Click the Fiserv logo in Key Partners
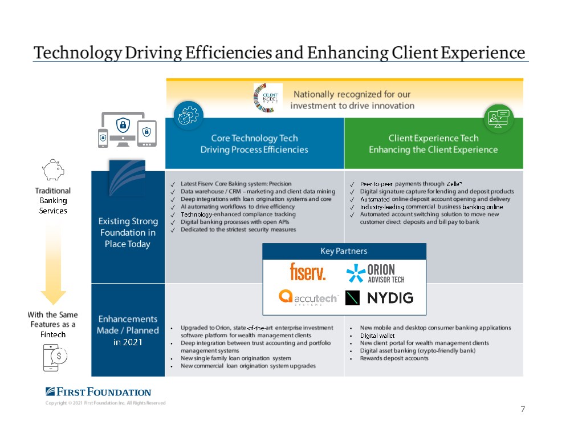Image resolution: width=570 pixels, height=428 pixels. pyautogui.click(x=308, y=272)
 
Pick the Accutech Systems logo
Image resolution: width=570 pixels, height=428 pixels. pyautogui.click(x=308, y=297)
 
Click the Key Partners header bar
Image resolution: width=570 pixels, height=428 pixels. pyautogui.click(x=344, y=251)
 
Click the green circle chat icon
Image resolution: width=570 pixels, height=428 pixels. pyautogui.click(x=499, y=118)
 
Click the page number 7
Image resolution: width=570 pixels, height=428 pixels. pyautogui.click(x=523, y=409)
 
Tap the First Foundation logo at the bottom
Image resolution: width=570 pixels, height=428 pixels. pyautogui.click(x=99, y=392)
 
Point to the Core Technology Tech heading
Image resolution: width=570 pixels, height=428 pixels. pyautogui.click(x=254, y=144)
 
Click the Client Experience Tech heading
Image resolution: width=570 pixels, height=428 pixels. pyautogui.click(x=433, y=144)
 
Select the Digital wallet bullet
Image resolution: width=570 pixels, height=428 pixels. pyautogui.click(x=377, y=336)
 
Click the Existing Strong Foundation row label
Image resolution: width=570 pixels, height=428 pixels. pyautogui.click(x=128, y=232)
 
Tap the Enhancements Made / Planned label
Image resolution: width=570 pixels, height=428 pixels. pyautogui.click(x=128, y=330)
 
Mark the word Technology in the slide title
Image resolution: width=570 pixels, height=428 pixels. pyautogui.click(x=78, y=53)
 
